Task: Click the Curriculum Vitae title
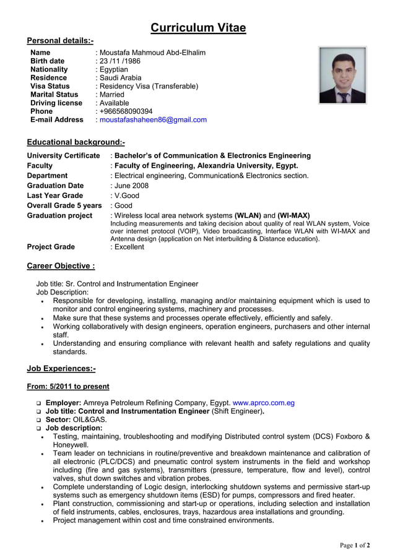coord(198,28)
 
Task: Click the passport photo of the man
coord(342,75)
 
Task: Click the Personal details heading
coord(60,41)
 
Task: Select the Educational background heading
coord(76,142)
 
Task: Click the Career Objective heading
coord(61,266)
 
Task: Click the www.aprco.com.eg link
coord(263,403)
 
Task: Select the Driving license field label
coord(56,103)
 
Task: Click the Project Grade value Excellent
coord(129,247)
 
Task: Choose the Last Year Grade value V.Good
coord(126,195)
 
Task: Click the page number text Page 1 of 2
coord(355,545)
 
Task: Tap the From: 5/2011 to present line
coord(68,387)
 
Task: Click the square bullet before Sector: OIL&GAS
coord(38,420)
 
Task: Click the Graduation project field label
coord(59,215)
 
